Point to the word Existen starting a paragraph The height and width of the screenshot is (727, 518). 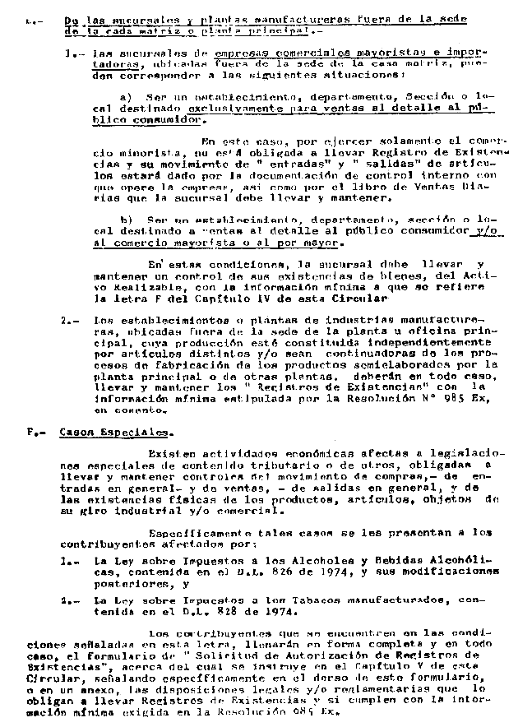pos(169,454)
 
